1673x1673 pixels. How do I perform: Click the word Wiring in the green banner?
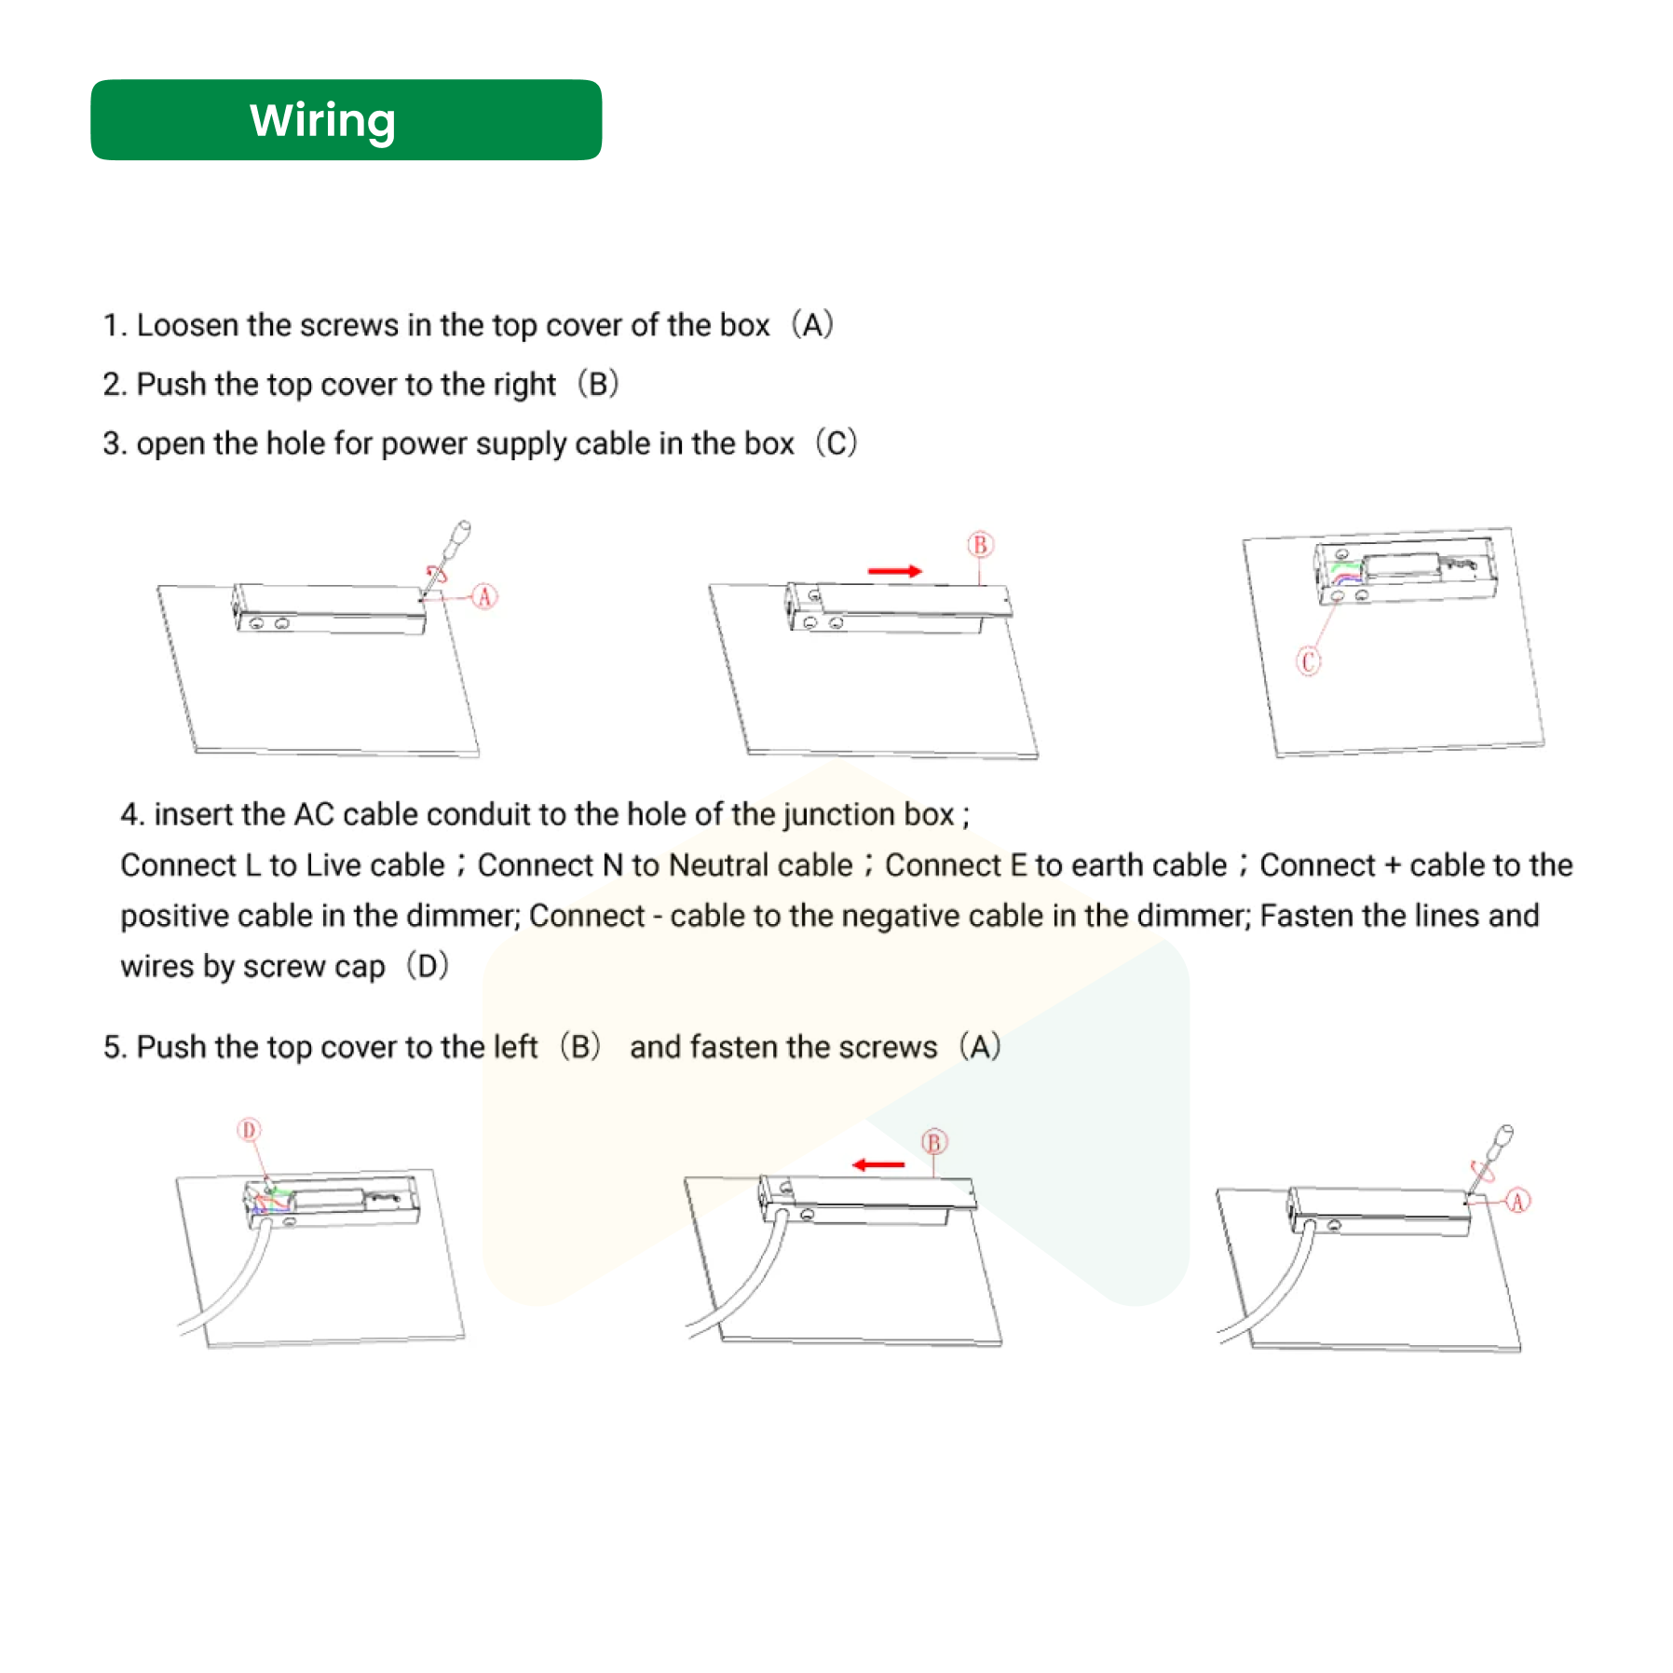322,120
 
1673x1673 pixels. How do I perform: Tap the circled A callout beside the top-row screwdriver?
483,596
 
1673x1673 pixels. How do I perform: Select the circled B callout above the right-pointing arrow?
979,545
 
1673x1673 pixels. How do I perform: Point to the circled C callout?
1308,661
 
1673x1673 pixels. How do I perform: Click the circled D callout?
249,1130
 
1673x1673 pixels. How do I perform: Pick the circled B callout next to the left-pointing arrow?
933,1142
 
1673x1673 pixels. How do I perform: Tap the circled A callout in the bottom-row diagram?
1517,1201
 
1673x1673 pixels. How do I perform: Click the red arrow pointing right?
894,571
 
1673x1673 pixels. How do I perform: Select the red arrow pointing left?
878,1164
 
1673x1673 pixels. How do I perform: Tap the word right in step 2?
524,385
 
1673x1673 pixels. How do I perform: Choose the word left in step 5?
515,1047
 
